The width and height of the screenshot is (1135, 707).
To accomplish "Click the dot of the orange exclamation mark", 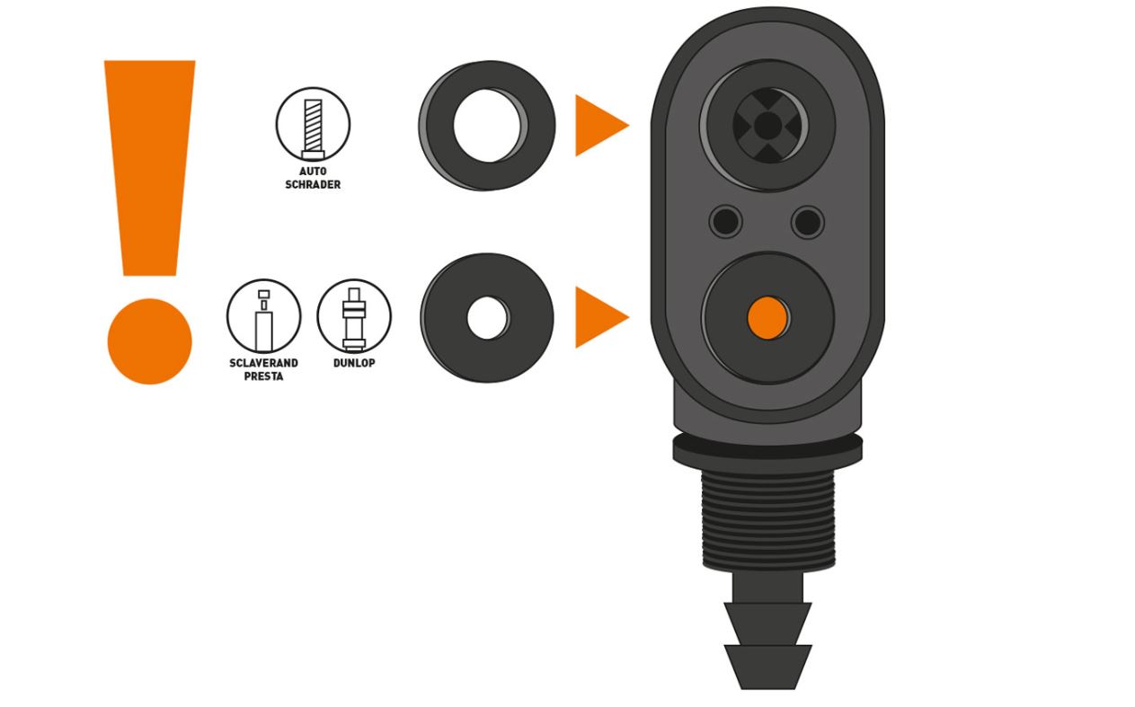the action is [149, 341].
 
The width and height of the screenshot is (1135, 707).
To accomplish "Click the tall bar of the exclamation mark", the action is [149, 167].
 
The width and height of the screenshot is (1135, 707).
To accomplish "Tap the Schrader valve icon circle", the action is [313, 124].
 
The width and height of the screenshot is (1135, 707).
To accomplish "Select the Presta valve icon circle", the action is [263, 316].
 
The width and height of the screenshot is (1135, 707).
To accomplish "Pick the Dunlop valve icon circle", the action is [354, 316].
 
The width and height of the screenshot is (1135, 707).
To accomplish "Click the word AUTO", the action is [313, 172].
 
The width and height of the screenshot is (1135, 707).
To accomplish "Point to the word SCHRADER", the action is [313, 185].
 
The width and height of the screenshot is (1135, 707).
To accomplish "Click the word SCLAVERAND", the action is [263, 363].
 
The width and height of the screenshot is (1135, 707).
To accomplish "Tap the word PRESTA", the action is [263, 376].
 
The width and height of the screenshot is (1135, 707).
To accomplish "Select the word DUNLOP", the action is [354, 363].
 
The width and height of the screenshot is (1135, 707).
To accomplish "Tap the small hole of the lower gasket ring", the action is [487, 317].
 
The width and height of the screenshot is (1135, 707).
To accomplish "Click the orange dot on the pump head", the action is [767, 317].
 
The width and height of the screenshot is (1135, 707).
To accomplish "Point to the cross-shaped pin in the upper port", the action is [767, 126].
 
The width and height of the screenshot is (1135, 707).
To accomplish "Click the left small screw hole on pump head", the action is [725, 221].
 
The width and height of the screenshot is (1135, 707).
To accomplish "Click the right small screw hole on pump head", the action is [808, 221].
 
